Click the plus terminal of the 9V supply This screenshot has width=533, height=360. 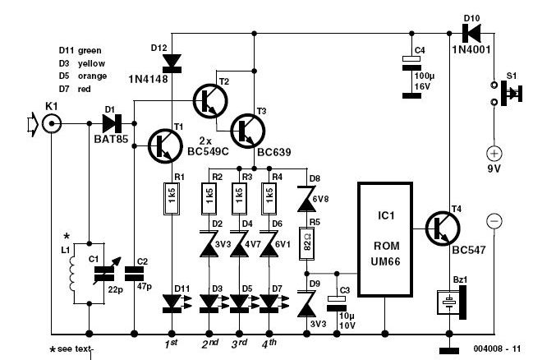tap(494, 154)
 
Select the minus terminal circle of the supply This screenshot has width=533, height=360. tap(494, 220)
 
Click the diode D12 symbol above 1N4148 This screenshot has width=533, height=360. tap(171, 60)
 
